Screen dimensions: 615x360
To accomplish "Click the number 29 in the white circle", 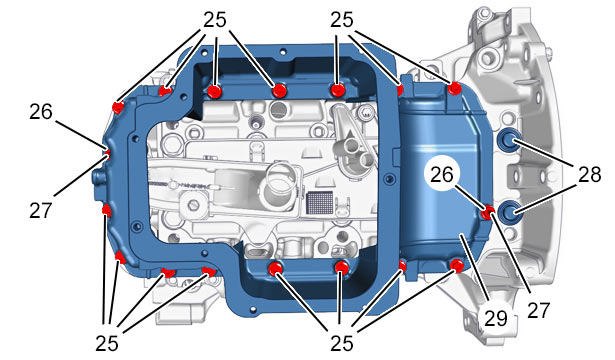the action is (495, 318).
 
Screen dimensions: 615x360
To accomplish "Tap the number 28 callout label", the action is (589, 174).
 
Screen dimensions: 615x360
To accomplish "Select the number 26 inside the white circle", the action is (442, 175).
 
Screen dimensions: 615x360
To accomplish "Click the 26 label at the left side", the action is (41, 112).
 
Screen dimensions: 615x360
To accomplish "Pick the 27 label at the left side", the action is (41, 210).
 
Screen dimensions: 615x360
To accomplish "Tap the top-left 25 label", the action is (215, 20).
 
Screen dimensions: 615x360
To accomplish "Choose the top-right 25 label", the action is (342, 20).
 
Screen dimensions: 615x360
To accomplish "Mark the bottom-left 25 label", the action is (107, 344).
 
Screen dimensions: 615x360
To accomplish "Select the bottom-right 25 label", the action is (342, 344).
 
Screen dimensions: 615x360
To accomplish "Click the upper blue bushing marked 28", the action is (509, 140).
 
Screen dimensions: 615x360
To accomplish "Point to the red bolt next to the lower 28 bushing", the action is (488, 213).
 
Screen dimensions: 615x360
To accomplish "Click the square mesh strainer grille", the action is (320, 203).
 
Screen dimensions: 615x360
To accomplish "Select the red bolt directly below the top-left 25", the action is (215, 92).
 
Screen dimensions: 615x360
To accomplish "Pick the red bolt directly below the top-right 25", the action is (337, 90).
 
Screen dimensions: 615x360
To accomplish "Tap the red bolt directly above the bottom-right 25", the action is (342, 268).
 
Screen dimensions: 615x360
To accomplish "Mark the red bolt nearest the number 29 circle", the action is (456, 266).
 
